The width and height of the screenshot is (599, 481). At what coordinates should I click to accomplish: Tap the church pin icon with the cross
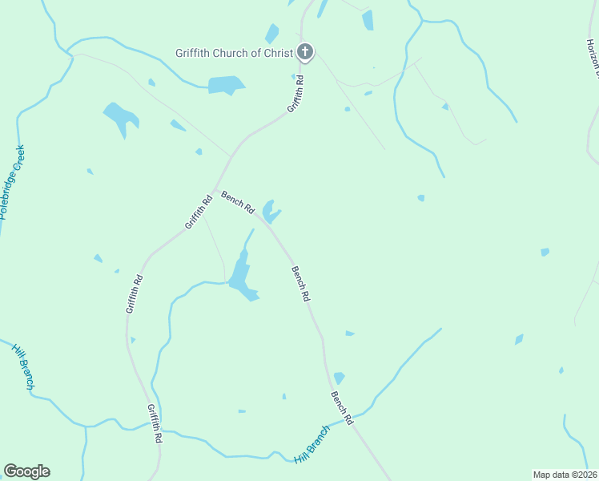click(x=304, y=53)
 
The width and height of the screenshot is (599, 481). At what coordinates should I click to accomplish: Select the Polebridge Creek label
click(x=14, y=184)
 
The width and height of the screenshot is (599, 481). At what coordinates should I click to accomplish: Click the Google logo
click(x=26, y=471)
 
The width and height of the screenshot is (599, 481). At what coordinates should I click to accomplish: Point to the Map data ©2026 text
click(x=565, y=475)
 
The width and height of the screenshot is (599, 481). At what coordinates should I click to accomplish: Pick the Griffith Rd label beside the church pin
click(x=296, y=95)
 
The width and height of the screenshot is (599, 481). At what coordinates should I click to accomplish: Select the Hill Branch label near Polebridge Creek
click(x=23, y=367)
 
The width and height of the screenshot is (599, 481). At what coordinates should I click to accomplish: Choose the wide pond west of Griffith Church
click(x=226, y=84)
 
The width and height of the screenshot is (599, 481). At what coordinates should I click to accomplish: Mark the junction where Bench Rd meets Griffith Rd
click(x=215, y=189)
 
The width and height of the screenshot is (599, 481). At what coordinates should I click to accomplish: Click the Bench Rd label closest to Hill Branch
click(x=342, y=407)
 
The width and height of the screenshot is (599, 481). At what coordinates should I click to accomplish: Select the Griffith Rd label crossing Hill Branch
click(x=155, y=423)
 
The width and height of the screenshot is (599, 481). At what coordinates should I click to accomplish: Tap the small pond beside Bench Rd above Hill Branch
click(x=339, y=378)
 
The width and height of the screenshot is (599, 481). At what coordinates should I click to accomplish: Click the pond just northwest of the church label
click(x=272, y=34)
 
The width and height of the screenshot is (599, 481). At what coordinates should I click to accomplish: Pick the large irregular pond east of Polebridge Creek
click(x=121, y=117)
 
